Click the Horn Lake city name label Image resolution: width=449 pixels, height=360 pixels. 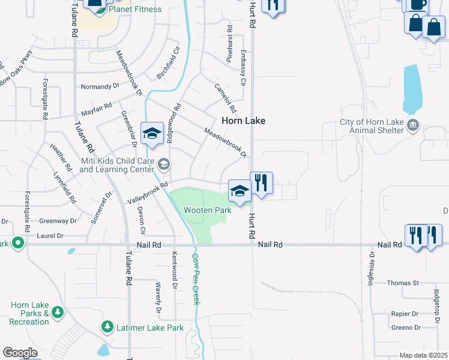[x=243, y=121]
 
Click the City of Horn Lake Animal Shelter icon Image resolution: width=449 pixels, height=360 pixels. [x=413, y=125]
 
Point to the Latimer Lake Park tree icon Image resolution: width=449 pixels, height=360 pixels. [x=107, y=327]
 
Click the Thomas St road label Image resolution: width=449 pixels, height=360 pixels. [x=403, y=283]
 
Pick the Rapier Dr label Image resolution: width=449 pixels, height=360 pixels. [x=405, y=314]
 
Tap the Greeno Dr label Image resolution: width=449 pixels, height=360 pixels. [x=406, y=328]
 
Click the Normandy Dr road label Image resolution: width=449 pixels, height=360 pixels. [x=100, y=87]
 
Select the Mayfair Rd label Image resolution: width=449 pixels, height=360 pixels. [x=97, y=110]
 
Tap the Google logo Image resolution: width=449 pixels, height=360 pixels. [x=20, y=353]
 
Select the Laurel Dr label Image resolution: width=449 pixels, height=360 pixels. [x=51, y=236]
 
